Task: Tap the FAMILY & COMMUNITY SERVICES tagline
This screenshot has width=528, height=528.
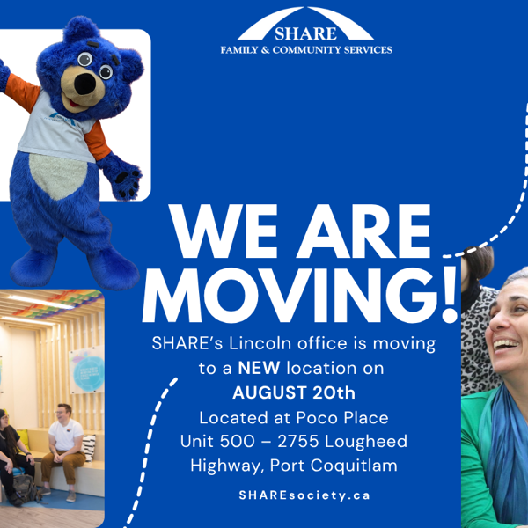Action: pos(305,51)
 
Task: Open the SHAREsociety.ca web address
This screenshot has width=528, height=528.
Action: pos(304,495)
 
